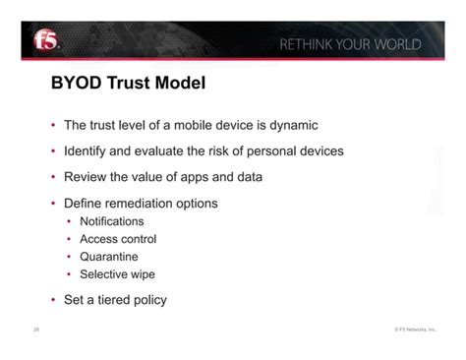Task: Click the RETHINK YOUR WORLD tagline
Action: (350, 45)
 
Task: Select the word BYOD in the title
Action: (77, 85)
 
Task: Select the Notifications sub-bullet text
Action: (111, 221)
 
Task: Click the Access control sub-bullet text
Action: (118, 239)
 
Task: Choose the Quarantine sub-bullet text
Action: (108, 257)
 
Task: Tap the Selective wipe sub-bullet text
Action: (117, 274)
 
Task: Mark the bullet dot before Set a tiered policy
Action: (53, 301)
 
